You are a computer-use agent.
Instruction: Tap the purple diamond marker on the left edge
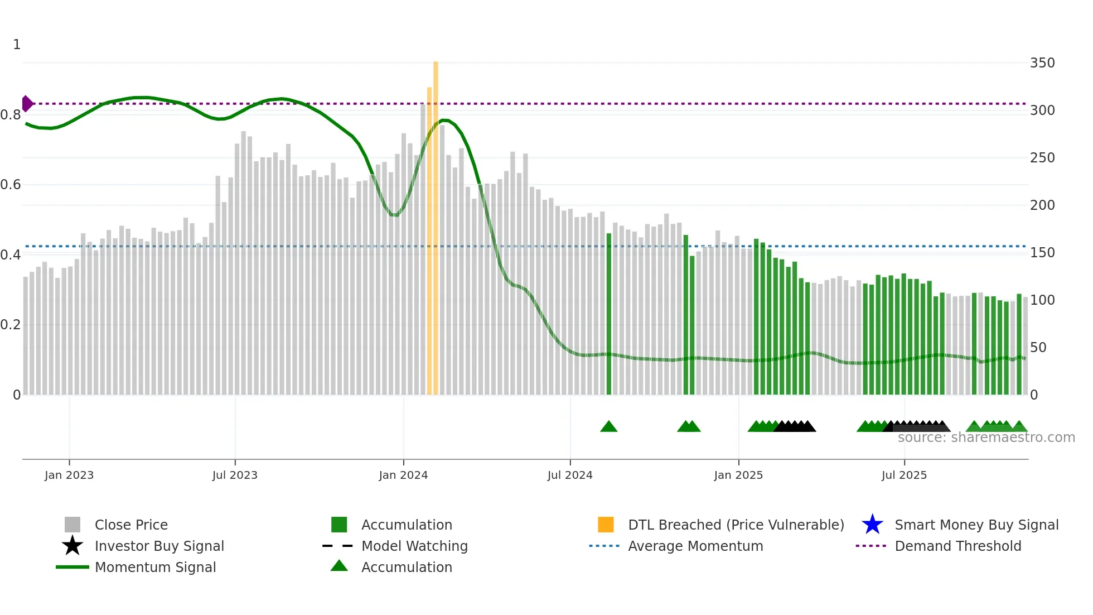[x=27, y=104]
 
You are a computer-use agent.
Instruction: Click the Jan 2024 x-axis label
[x=403, y=475]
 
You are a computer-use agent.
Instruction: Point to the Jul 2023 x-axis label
[x=235, y=475]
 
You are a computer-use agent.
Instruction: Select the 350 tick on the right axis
[x=1042, y=63]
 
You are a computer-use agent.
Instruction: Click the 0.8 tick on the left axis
[x=11, y=115]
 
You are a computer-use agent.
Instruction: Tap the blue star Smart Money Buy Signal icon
[x=872, y=525]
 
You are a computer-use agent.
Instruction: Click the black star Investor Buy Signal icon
[x=72, y=546]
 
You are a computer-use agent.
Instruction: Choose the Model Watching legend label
[x=414, y=546]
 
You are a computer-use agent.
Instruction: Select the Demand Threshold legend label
[x=957, y=546]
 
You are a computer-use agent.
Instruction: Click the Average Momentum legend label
[x=695, y=546]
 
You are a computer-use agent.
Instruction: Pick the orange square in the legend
[x=606, y=525]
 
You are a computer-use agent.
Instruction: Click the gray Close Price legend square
[x=72, y=525]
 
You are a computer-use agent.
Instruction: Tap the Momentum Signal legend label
[x=155, y=567]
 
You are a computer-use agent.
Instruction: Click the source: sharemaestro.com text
[x=986, y=438]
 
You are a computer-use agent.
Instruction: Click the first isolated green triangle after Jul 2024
[x=608, y=427]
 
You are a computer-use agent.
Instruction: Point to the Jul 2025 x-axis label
[x=904, y=475]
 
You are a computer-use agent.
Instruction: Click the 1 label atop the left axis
[x=17, y=45]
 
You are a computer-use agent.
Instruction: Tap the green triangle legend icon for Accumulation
[x=339, y=566]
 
